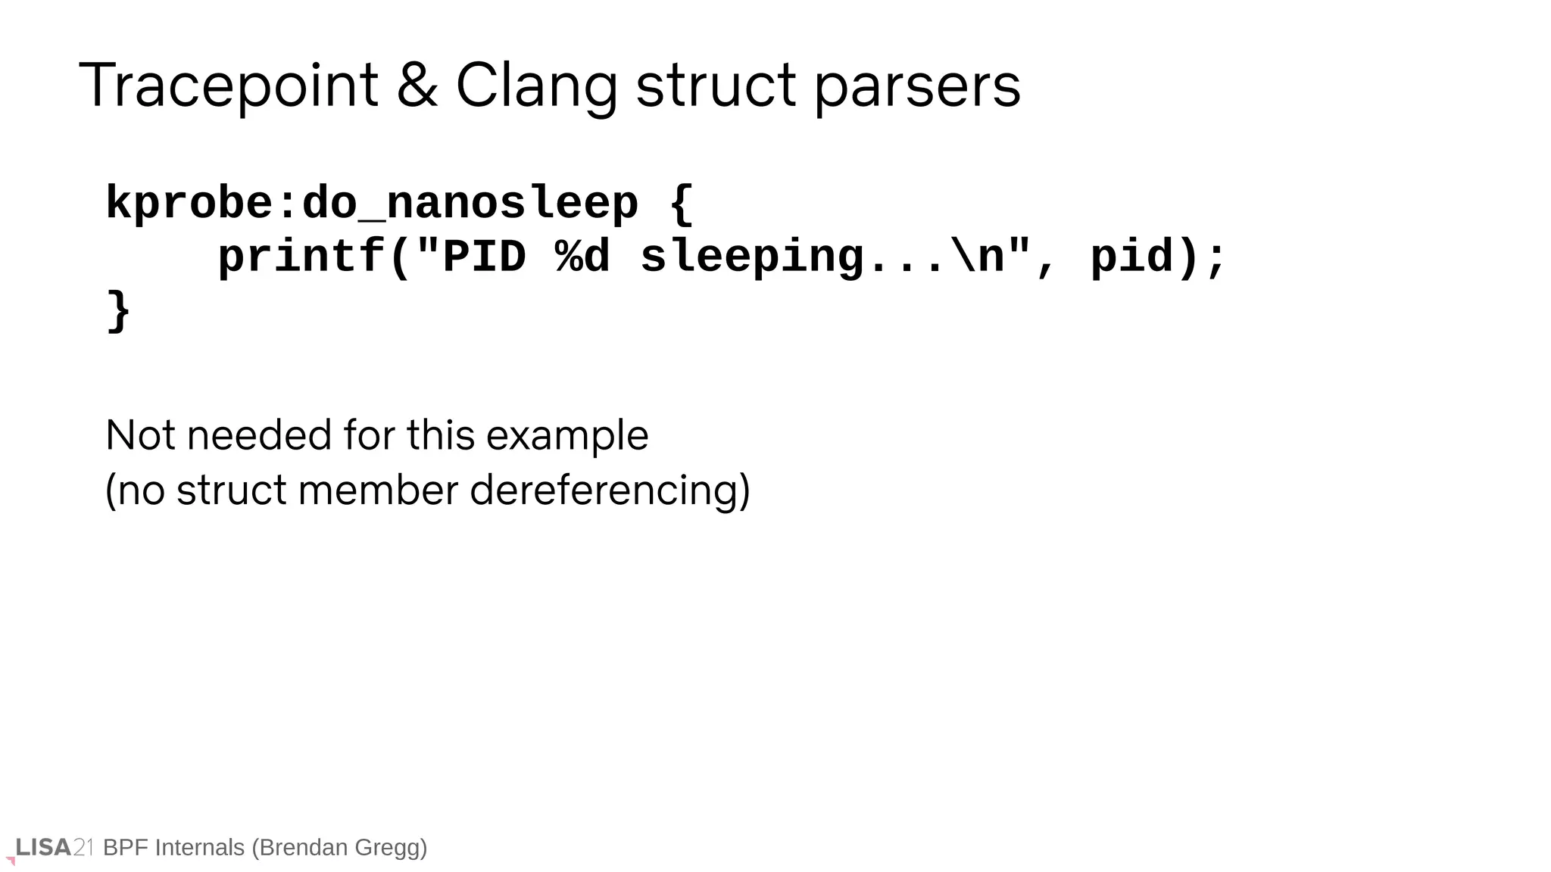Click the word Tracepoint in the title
click(x=228, y=86)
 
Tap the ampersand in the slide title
click(x=417, y=86)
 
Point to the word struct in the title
click(x=715, y=86)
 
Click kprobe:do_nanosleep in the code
click(x=371, y=204)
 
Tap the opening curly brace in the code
click(x=681, y=204)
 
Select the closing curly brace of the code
click(x=119, y=310)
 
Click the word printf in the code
click(x=301, y=257)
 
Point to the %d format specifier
click(x=582, y=257)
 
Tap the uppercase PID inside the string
click(x=484, y=257)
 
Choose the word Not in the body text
click(x=141, y=435)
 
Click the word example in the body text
click(x=566, y=437)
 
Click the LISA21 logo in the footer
click(x=53, y=847)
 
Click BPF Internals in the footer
click(x=173, y=847)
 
